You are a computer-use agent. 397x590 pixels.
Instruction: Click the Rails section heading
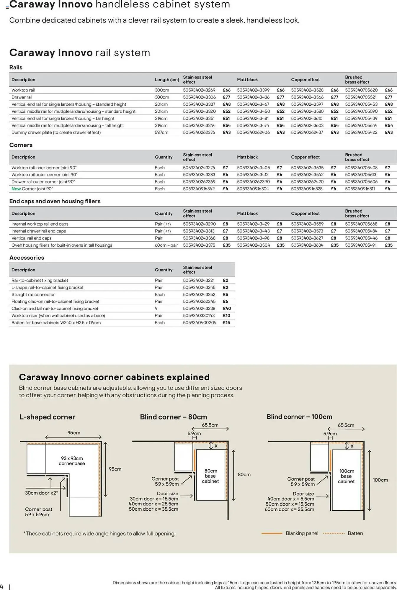tap(16, 68)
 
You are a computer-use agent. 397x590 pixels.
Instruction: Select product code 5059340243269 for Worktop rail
tap(199, 90)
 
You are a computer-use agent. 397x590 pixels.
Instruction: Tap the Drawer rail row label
tap(22, 97)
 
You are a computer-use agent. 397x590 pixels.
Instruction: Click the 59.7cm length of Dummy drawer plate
tap(161, 132)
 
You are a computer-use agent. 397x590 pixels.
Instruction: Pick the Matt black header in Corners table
tap(247, 157)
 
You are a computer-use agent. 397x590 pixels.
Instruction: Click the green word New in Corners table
tap(16, 189)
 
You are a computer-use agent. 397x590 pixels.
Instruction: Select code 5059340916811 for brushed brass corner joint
tap(360, 189)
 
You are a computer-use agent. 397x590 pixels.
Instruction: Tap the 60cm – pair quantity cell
tap(166, 245)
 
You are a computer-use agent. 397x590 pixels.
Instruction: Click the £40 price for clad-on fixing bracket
tap(227, 309)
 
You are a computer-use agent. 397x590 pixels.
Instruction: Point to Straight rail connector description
tap(33, 294)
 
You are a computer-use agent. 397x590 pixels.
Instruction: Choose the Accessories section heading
tap(27, 258)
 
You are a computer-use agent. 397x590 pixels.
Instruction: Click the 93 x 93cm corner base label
tap(72, 461)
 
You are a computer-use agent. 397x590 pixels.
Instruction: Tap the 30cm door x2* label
tap(41, 493)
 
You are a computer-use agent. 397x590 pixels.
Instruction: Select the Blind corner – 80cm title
tap(173, 417)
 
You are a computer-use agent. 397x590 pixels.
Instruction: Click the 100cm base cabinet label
tap(346, 476)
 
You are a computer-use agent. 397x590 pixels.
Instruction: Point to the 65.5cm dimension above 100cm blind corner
tap(346, 425)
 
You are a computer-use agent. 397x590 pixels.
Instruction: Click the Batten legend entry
tap(355, 533)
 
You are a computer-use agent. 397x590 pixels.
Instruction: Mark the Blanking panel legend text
tap(302, 533)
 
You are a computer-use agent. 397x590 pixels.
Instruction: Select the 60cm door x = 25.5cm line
tap(289, 509)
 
